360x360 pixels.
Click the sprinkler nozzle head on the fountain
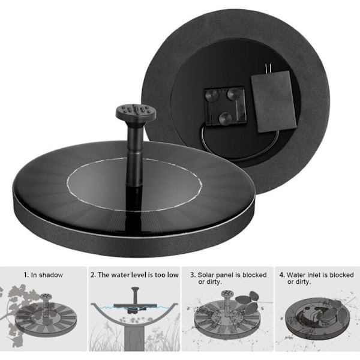pos(136,113)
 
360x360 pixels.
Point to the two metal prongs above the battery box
pos(266,68)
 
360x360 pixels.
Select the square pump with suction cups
pos(225,106)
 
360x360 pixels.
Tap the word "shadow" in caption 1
pos(50,275)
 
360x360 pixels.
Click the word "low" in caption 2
pos(172,275)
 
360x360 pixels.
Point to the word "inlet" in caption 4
pos(314,275)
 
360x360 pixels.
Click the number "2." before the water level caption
pos(94,275)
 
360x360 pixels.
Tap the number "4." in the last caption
pos(282,275)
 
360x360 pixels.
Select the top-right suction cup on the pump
pos(233,94)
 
